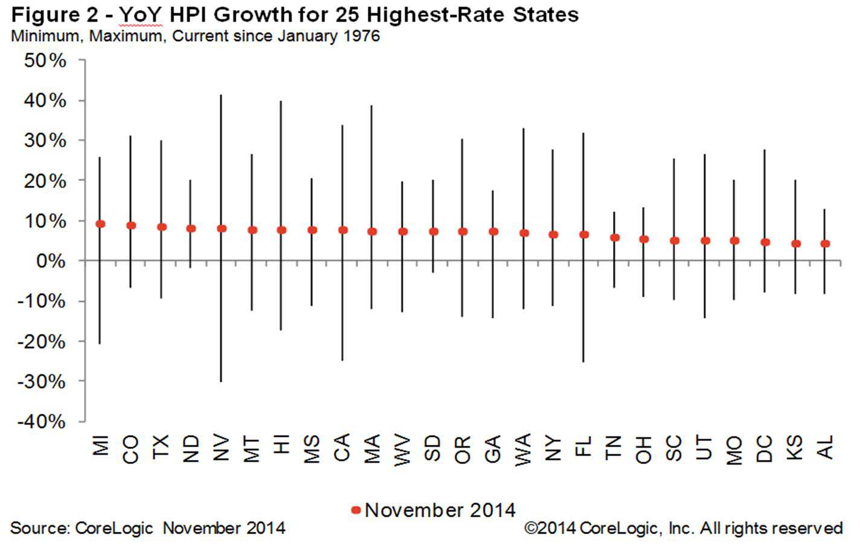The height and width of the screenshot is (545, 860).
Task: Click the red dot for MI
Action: pos(100,224)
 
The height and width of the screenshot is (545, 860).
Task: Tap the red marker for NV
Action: pos(222,228)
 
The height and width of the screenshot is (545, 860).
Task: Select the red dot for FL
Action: pos(584,234)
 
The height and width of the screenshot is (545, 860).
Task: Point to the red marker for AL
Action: pos(826,244)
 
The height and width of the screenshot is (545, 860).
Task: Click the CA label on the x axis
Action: pos(342,448)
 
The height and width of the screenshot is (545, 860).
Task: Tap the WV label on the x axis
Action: pos(402,449)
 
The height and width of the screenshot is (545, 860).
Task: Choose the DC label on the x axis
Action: pos(765,448)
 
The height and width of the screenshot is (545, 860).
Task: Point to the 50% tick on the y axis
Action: pos(45,60)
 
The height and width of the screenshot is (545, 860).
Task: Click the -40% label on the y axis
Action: pos(41,421)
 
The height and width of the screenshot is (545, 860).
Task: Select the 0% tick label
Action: pos(51,261)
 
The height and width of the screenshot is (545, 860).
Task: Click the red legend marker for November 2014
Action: pos(356,511)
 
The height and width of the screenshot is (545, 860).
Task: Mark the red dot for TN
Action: pos(614,238)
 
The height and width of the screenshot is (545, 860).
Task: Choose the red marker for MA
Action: pos(372,231)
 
